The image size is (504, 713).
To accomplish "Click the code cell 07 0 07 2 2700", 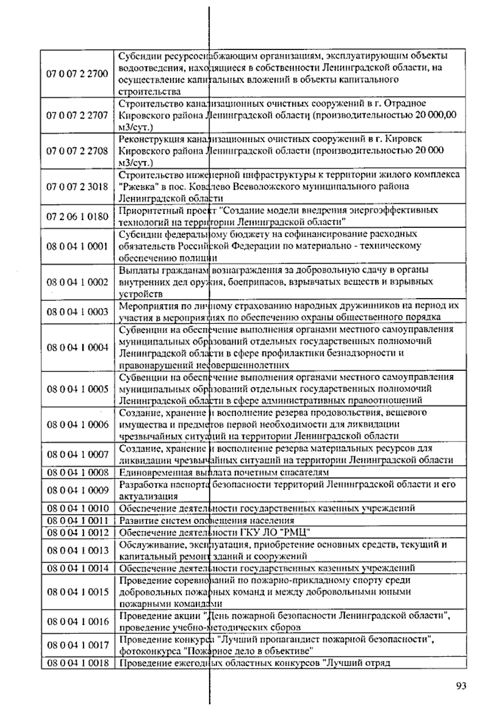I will (77, 73).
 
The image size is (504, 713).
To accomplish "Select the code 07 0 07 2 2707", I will (77, 115).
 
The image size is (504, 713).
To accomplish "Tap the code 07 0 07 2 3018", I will (77, 186).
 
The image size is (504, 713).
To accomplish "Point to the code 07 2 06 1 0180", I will (77, 216).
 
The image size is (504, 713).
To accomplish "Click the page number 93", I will (461, 686).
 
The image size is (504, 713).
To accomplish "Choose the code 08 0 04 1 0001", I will (77, 246).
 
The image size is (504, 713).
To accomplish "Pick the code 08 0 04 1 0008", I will (77, 472).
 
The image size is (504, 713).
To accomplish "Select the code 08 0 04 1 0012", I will (77, 532).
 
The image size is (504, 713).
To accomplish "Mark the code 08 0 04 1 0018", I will (77, 663).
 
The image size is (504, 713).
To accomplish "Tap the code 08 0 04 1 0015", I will (77, 592).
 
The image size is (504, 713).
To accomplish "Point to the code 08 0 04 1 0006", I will (77, 425).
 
